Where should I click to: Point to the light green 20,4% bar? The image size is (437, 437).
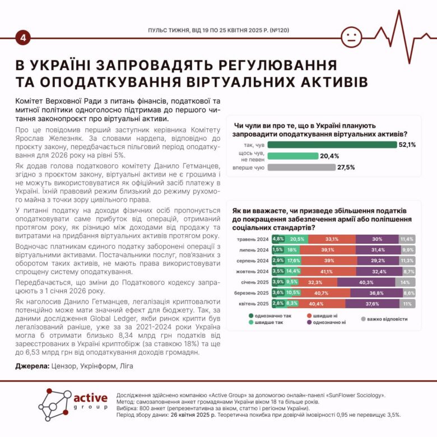coord(292,156)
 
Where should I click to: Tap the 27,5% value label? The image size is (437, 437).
coord(346,167)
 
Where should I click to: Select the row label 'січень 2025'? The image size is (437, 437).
coord(253,282)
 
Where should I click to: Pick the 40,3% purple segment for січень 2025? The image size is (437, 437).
coord(366,282)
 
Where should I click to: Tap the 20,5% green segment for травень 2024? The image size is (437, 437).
coord(296,239)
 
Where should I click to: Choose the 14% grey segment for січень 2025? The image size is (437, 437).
coord(405,282)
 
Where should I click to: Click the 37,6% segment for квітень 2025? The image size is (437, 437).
coord(372,303)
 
